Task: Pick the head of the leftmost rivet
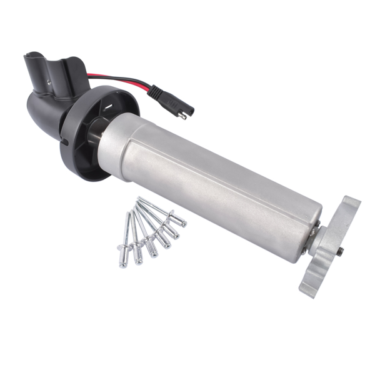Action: (x=124, y=261)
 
